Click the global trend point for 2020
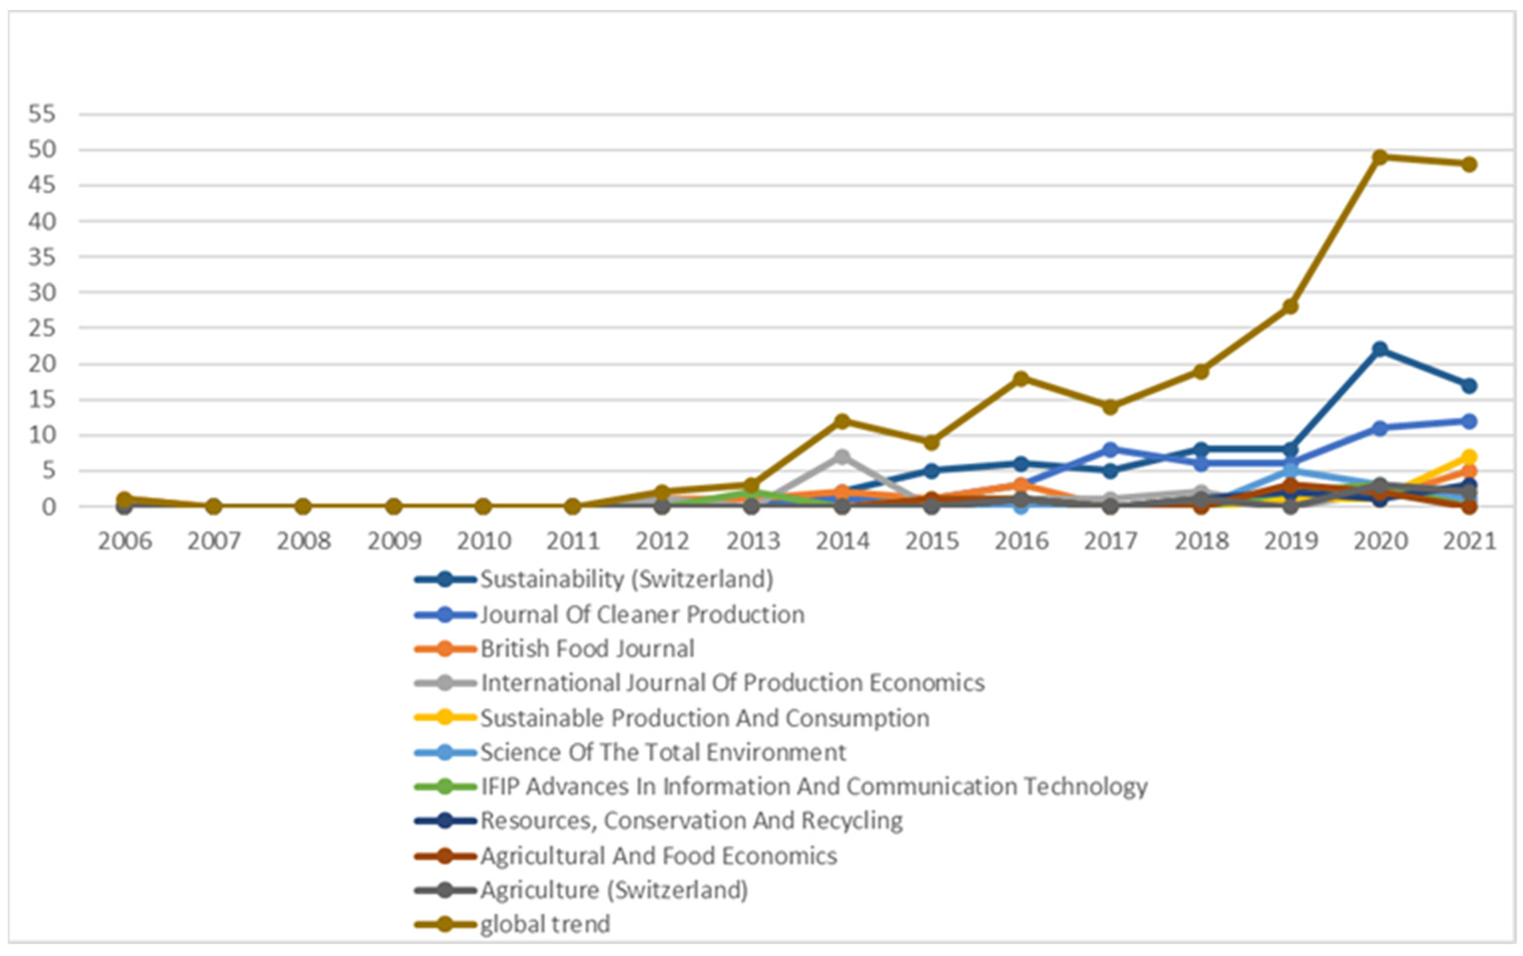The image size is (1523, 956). (x=1380, y=157)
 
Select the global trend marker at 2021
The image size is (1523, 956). (x=1469, y=164)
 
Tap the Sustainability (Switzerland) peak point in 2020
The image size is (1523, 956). (x=1380, y=349)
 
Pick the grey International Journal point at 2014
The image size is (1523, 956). (x=842, y=457)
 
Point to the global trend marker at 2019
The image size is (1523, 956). (x=1290, y=307)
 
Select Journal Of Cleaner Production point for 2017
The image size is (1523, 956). (x=1111, y=450)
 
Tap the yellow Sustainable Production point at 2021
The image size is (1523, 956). (x=1469, y=457)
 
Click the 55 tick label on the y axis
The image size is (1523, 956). (x=42, y=115)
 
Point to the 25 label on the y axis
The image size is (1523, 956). (x=42, y=328)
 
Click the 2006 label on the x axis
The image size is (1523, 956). (x=124, y=542)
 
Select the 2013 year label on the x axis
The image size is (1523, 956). (x=752, y=542)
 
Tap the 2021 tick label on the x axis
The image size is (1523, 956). (x=1469, y=542)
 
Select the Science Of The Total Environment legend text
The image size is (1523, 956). (x=663, y=752)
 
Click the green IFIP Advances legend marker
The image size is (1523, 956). (x=445, y=787)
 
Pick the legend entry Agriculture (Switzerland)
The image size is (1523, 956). (x=614, y=890)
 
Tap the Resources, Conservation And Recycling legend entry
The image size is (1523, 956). (x=691, y=821)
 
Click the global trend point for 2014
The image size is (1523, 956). (x=842, y=421)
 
